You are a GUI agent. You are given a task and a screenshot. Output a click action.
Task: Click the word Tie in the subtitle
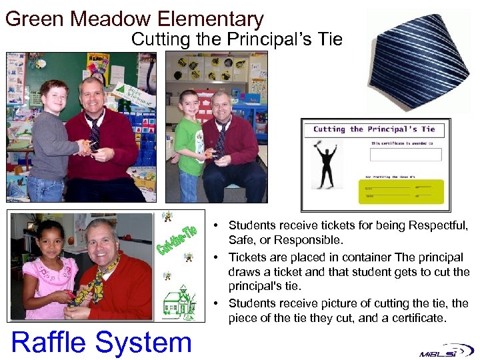(330, 40)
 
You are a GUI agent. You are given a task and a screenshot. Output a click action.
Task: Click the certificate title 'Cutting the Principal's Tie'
(374, 129)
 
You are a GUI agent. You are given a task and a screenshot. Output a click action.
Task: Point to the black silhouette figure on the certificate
(327, 167)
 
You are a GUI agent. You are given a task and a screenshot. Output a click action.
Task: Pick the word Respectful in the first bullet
(437, 225)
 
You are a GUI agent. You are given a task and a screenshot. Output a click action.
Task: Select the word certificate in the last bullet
(420, 318)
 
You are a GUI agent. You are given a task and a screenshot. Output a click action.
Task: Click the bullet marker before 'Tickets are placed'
(219, 257)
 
